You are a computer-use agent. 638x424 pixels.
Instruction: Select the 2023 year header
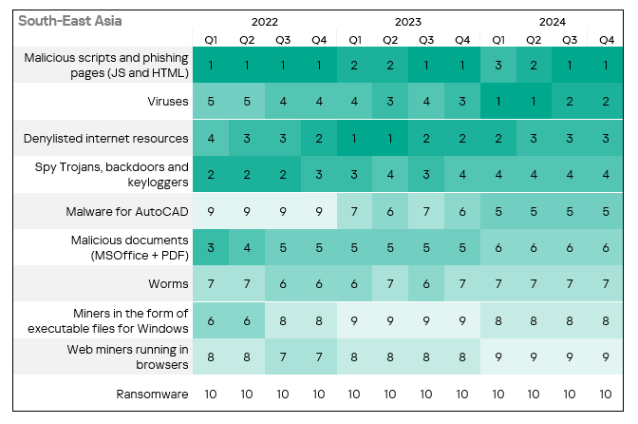coord(408,20)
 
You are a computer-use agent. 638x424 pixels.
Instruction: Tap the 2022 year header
coord(265,20)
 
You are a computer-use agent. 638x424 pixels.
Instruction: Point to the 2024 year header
coord(552,20)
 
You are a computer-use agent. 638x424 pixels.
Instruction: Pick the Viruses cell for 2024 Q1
coord(498,100)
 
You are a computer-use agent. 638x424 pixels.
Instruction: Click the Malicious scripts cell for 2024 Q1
coord(498,65)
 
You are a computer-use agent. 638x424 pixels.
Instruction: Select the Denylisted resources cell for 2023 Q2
coord(390,138)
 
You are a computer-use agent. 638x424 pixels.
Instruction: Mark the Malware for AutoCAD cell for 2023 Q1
coord(354,210)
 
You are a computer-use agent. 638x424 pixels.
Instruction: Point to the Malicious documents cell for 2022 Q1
coord(211,246)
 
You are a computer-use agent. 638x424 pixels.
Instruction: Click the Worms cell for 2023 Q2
coord(390,282)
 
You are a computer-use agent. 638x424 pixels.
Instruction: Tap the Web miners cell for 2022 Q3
coord(283,356)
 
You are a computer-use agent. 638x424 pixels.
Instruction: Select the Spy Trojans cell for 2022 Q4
coord(318,173)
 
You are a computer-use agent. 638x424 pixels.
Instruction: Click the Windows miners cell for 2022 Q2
coord(247,319)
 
